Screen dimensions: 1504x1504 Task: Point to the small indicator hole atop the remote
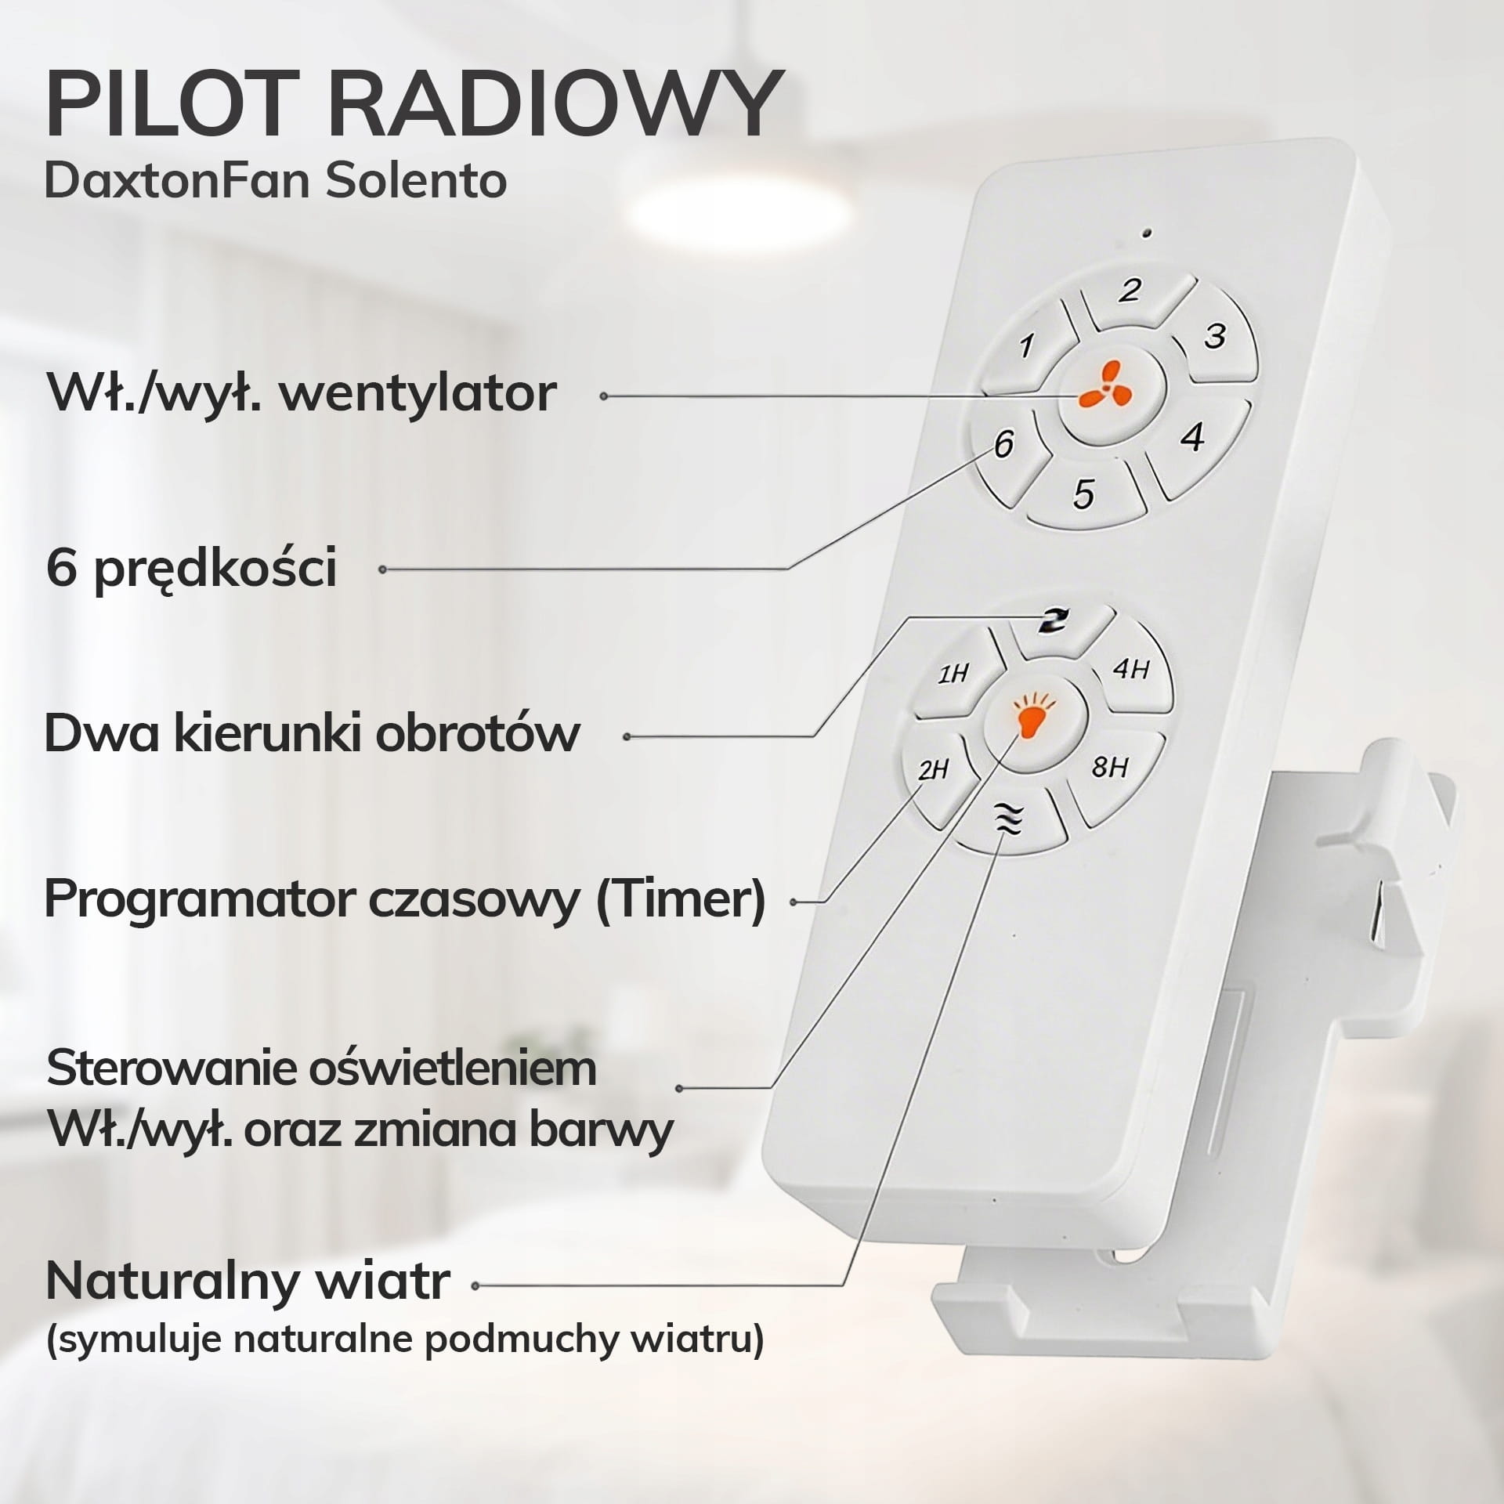coord(1147,234)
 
